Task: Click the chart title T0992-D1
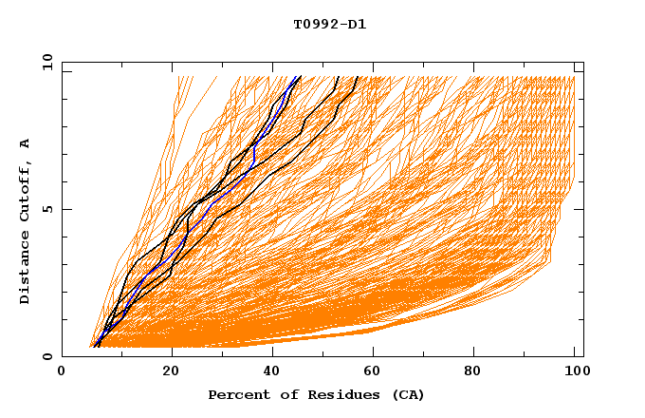point(323,24)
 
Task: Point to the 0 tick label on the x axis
point(62,373)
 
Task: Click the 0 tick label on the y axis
point(47,356)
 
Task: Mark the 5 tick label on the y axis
point(47,209)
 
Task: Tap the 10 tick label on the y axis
point(46,63)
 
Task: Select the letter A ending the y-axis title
point(26,142)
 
